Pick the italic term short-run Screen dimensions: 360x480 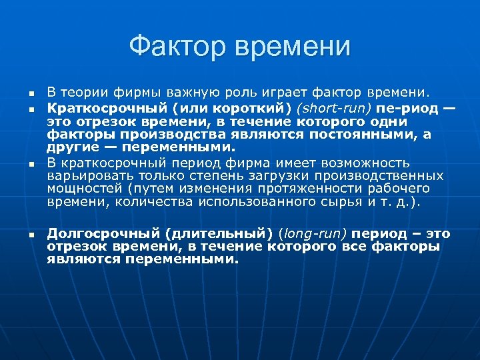point(333,107)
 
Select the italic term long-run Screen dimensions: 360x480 point(314,234)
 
